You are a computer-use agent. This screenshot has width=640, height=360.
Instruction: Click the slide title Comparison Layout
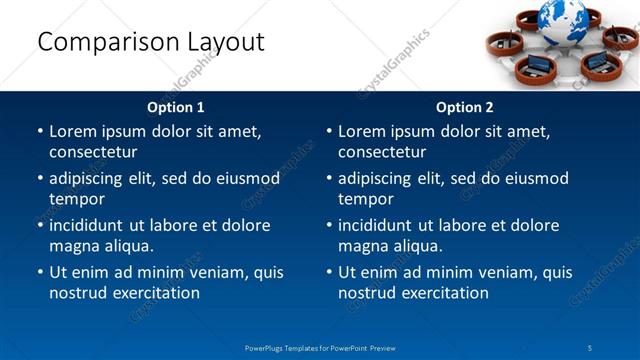150,42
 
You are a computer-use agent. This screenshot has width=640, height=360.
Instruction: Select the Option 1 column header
176,107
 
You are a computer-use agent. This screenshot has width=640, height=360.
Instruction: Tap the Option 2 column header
465,107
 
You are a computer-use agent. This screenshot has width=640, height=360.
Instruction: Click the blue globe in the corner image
563,18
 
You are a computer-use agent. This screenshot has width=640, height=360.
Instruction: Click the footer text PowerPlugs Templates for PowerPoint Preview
320,347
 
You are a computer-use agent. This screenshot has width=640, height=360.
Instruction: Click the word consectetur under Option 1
93,152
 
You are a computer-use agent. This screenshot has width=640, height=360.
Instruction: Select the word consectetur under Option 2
382,152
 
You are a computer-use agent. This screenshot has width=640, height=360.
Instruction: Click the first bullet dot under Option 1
40,132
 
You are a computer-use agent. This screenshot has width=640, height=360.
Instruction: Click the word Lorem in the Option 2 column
362,132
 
